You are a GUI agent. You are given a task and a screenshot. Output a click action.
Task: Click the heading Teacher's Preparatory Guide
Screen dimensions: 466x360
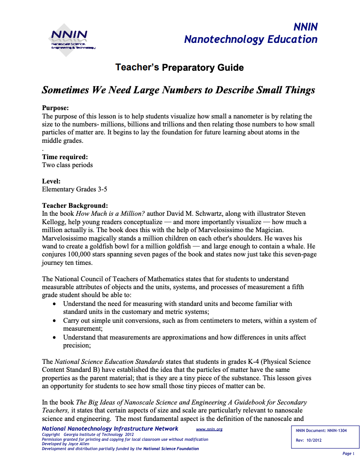[179, 68]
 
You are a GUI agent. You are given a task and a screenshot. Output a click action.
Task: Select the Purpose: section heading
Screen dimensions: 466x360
[55, 108]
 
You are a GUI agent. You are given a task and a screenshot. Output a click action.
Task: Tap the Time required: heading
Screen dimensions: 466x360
[64, 157]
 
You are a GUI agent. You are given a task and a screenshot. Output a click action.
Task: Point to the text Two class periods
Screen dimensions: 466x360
[67, 165]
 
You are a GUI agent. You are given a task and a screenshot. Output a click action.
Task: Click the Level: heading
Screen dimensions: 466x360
[51, 181]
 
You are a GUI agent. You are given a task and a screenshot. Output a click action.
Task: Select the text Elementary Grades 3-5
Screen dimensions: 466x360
[74, 189]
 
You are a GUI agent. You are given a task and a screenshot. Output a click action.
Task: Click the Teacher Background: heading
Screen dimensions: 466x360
[75, 206]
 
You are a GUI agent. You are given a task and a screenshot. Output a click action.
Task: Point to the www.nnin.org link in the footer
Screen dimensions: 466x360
[209, 429]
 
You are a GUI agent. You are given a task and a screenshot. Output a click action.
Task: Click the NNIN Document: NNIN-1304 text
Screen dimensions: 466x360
[321, 431]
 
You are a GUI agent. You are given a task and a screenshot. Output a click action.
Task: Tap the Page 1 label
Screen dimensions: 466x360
[348, 454]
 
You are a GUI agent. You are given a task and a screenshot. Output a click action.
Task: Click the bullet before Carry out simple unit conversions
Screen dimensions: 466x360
[54, 321]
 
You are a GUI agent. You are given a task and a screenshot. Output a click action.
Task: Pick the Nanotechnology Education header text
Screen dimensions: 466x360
[250, 39]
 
